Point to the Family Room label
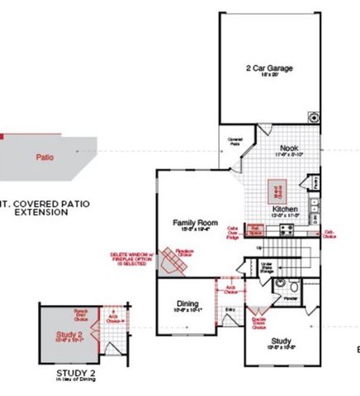pyautogui.click(x=195, y=223)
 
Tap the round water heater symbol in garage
pyautogui.click(x=314, y=116)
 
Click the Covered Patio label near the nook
pyautogui.click(x=234, y=142)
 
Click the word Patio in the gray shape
pyautogui.click(x=46, y=155)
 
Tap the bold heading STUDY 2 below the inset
pyautogui.click(x=76, y=373)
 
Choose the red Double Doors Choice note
pyautogui.click(x=258, y=322)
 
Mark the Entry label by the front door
pyautogui.click(x=229, y=309)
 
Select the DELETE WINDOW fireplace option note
pyautogui.click(x=131, y=260)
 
